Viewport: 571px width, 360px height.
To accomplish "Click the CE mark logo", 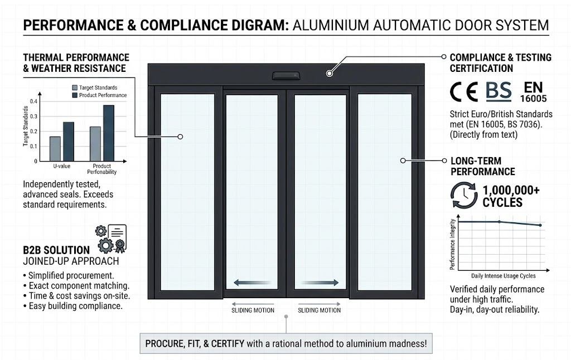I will pyautogui.click(x=464, y=92).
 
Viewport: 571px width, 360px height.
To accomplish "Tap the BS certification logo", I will pyautogui.click(x=499, y=91).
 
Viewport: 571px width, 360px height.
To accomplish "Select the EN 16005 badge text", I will pyautogui.click(x=534, y=91).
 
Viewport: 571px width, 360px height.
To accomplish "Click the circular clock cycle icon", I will pyautogui.click(x=464, y=196).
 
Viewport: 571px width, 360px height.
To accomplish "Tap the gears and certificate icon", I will pyautogui.click(x=112, y=238).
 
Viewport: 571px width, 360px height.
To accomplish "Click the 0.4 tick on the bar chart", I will pyautogui.click(x=35, y=101).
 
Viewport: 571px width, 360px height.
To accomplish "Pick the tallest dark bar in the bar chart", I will pyautogui.click(x=108, y=133).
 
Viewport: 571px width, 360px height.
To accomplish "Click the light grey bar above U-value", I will pyautogui.click(x=55, y=148).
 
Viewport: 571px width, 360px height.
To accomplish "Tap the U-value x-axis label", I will pyautogui.click(x=62, y=166).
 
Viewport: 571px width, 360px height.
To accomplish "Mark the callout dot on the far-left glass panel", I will pyautogui.click(x=180, y=137).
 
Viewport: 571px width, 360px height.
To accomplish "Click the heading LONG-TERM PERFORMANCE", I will pyautogui.click(x=482, y=166).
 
